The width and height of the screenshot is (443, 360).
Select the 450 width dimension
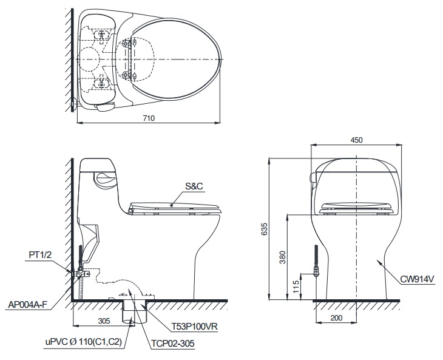point(356,140)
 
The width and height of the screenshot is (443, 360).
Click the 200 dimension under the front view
point(337,318)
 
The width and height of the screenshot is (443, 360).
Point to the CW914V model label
point(418,280)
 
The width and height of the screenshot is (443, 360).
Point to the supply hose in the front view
point(315,258)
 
